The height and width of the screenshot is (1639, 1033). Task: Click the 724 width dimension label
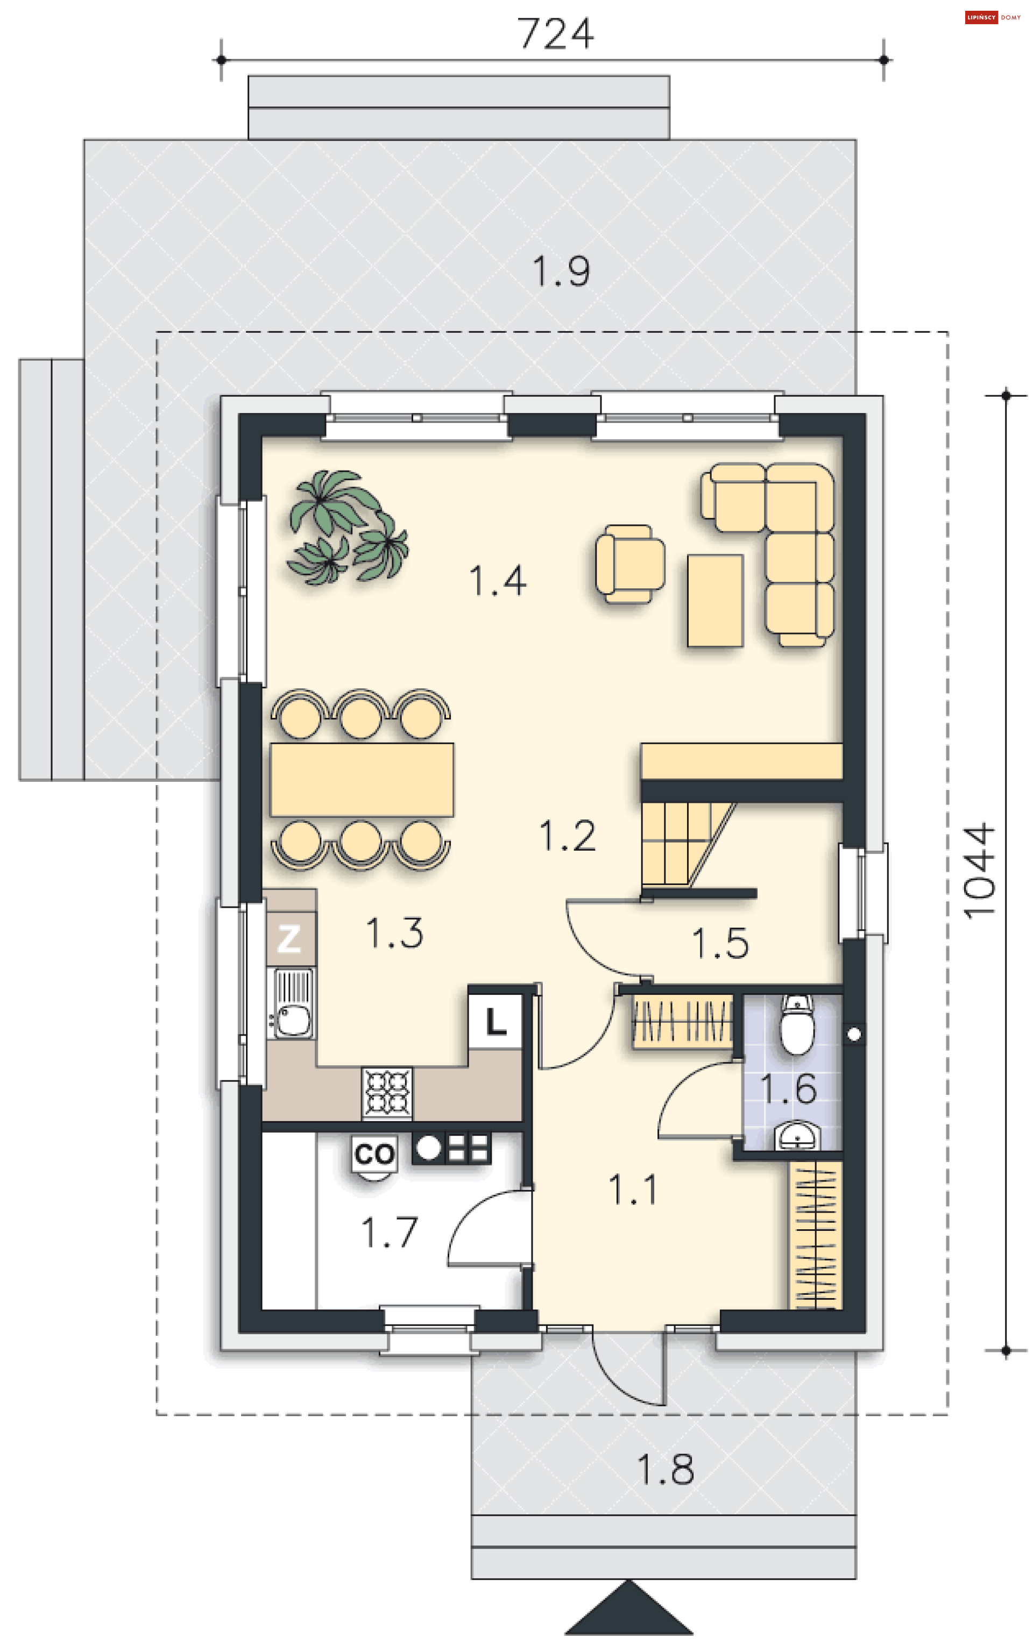tap(555, 33)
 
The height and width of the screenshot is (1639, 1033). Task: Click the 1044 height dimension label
tap(979, 871)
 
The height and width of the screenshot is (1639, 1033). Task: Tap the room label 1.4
tap(498, 581)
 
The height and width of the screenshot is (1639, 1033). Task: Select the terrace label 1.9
tap(561, 271)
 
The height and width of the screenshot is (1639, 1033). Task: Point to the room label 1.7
tap(389, 1232)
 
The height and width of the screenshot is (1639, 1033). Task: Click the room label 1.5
tap(720, 943)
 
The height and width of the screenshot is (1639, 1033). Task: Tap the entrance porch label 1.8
tap(666, 1470)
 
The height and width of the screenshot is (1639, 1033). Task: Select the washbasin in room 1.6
tap(797, 1136)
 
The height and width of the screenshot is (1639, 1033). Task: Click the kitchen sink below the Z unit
tap(292, 1003)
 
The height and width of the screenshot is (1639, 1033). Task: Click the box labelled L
tap(495, 1022)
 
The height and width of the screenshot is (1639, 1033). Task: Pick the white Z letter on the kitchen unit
tap(289, 939)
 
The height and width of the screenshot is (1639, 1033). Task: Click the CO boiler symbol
tap(374, 1155)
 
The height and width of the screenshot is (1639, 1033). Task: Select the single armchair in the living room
tap(630, 564)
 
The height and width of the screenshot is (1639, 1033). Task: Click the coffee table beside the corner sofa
tap(715, 600)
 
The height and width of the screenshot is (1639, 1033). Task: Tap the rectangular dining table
tap(362, 779)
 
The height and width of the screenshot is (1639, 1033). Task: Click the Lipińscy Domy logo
tap(993, 17)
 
